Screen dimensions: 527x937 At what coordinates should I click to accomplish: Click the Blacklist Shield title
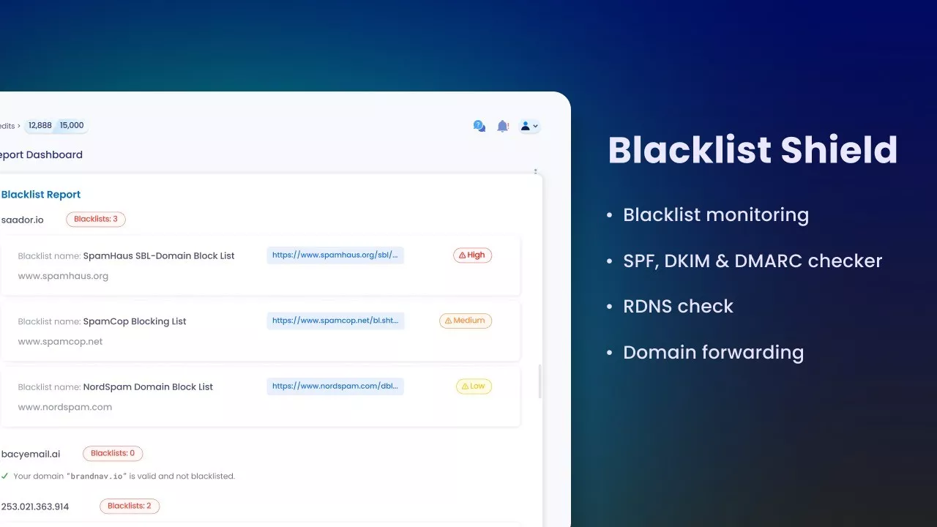(753, 150)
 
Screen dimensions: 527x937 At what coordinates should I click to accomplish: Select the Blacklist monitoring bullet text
(715, 215)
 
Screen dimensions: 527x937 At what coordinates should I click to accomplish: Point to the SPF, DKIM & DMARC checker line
(752, 261)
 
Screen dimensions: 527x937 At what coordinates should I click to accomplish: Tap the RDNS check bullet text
(678, 307)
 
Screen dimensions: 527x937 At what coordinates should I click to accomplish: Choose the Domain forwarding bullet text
(713, 353)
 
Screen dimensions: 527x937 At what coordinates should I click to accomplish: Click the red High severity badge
(472, 255)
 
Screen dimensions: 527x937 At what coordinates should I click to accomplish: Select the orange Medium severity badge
(466, 321)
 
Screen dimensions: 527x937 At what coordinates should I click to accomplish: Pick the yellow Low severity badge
(474, 386)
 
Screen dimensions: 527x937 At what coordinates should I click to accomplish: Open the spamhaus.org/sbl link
(335, 255)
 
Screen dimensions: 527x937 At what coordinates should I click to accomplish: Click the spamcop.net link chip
(335, 321)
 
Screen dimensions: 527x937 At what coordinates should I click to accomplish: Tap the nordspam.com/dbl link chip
(335, 386)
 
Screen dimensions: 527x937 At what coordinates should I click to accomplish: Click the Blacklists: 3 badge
(96, 219)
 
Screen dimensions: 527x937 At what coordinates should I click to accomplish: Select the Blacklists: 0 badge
(113, 453)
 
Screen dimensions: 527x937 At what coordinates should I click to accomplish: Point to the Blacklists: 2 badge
(130, 506)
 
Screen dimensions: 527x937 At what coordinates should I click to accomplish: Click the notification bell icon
(502, 126)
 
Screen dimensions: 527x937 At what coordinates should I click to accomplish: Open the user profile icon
(526, 126)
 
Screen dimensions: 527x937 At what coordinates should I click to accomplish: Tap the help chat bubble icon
(479, 126)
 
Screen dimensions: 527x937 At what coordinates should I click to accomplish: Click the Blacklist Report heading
(41, 195)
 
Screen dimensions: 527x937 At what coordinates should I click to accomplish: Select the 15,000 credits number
(72, 126)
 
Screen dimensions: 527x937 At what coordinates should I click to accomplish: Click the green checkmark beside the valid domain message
(5, 476)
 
